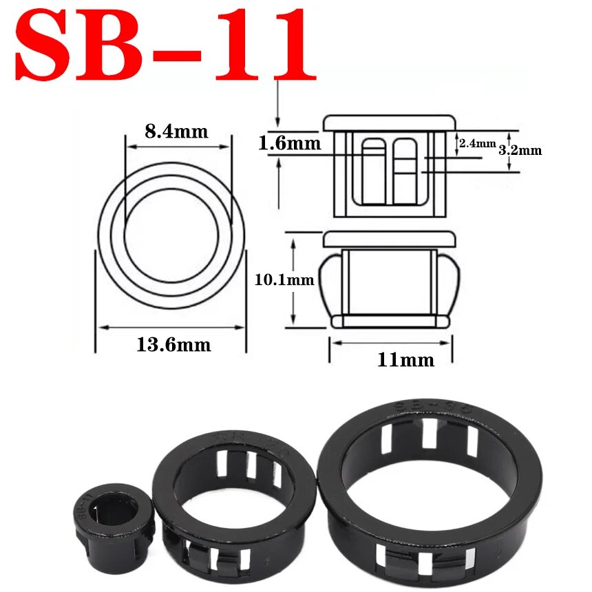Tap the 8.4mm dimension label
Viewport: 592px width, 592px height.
pyautogui.click(x=176, y=131)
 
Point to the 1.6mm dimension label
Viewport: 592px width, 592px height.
pyautogui.click(x=290, y=143)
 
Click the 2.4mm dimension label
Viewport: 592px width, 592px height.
pyautogui.click(x=477, y=143)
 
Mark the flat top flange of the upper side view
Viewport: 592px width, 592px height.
pyautogui.click(x=389, y=123)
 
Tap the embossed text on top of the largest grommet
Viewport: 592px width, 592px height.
pyautogui.click(x=430, y=408)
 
